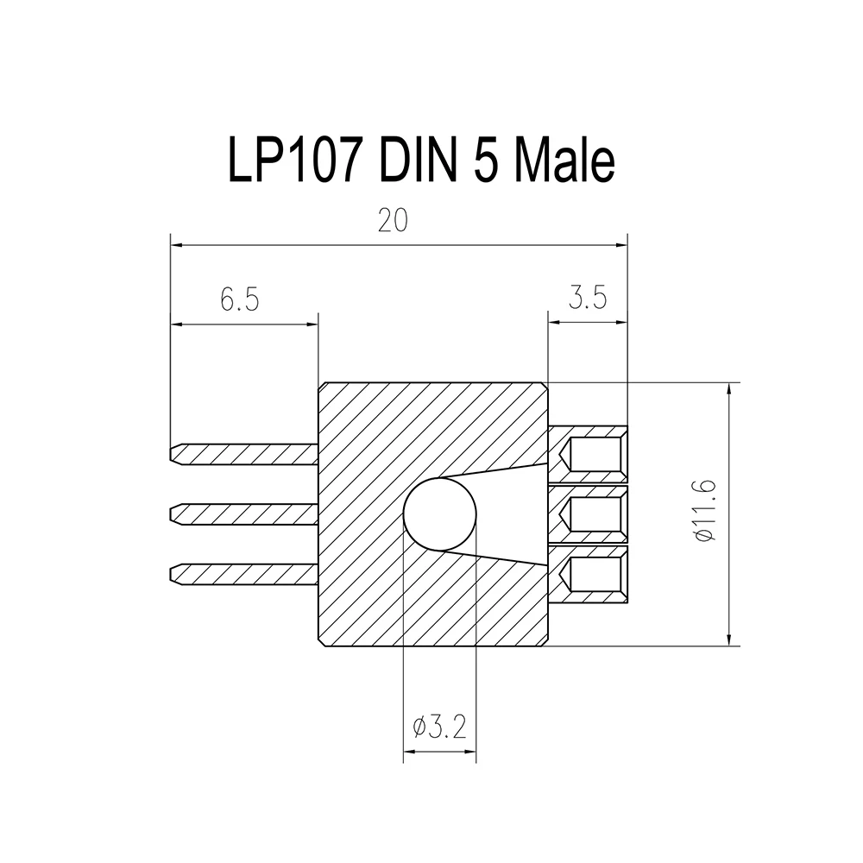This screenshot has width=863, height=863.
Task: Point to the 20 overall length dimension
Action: coord(393,221)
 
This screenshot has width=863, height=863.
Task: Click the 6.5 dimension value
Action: coord(239,300)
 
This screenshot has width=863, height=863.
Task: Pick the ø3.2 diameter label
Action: coord(439,728)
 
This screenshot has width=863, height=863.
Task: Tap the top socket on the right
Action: coord(593,454)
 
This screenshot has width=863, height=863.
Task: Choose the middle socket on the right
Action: coord(593,515)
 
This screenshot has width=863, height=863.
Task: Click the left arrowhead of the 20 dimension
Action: coord(175,245)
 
